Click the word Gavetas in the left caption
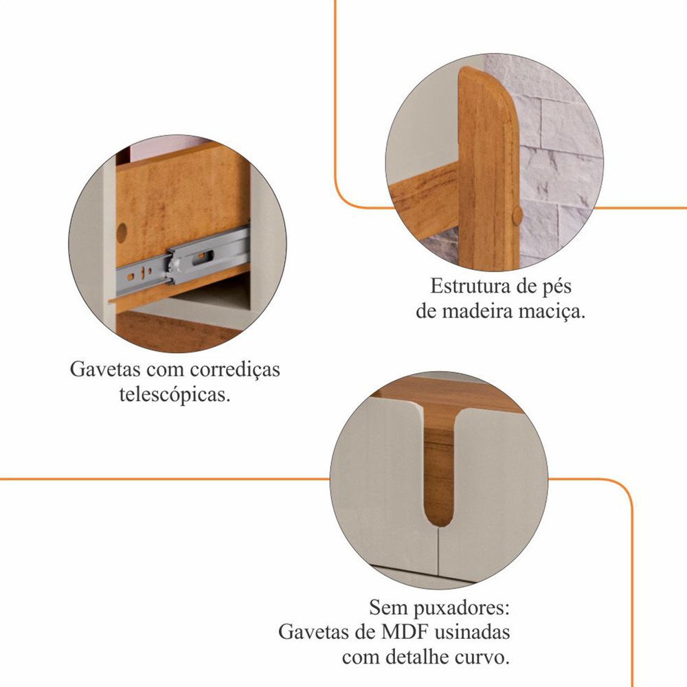(105, 369)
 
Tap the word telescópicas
(174, 395)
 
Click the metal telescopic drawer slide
(183, 260)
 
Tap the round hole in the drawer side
(122, 232)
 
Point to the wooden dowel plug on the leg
(517, 215)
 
